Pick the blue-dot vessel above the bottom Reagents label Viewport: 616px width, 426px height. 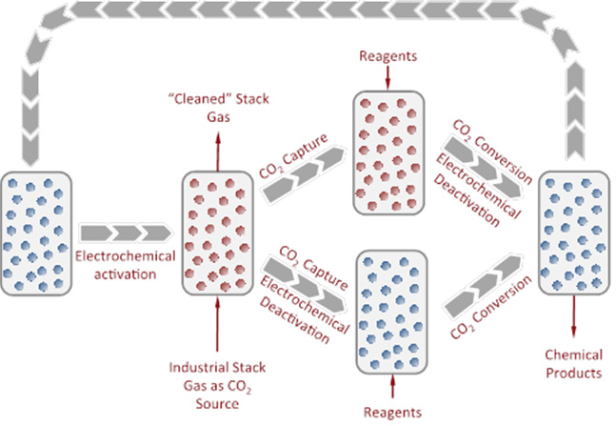pyautogui.click(x=391, y=309)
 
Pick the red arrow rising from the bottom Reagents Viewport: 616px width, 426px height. pyautogui.click(x=391, y=385)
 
